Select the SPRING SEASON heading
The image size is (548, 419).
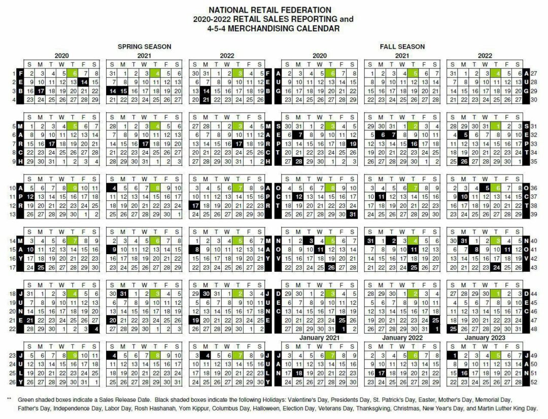(x=144, y=47)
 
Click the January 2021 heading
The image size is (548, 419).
(x=319, y=338)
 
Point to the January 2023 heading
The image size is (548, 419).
(x=485, y=338)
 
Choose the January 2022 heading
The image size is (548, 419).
(x=402, y=338)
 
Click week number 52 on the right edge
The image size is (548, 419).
(x=534, y=381)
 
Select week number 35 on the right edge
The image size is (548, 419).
(x=534, y=161)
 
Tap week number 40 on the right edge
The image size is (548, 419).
(x=534, y=241)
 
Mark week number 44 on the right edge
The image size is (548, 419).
(x=534, y=294)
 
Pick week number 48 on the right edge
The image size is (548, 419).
(x=534, y=329)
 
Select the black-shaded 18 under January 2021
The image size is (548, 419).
(x=299, y=373)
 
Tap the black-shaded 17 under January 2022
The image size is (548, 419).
(x=382, y=373)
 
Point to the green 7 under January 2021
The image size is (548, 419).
(x=331, y=355)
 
